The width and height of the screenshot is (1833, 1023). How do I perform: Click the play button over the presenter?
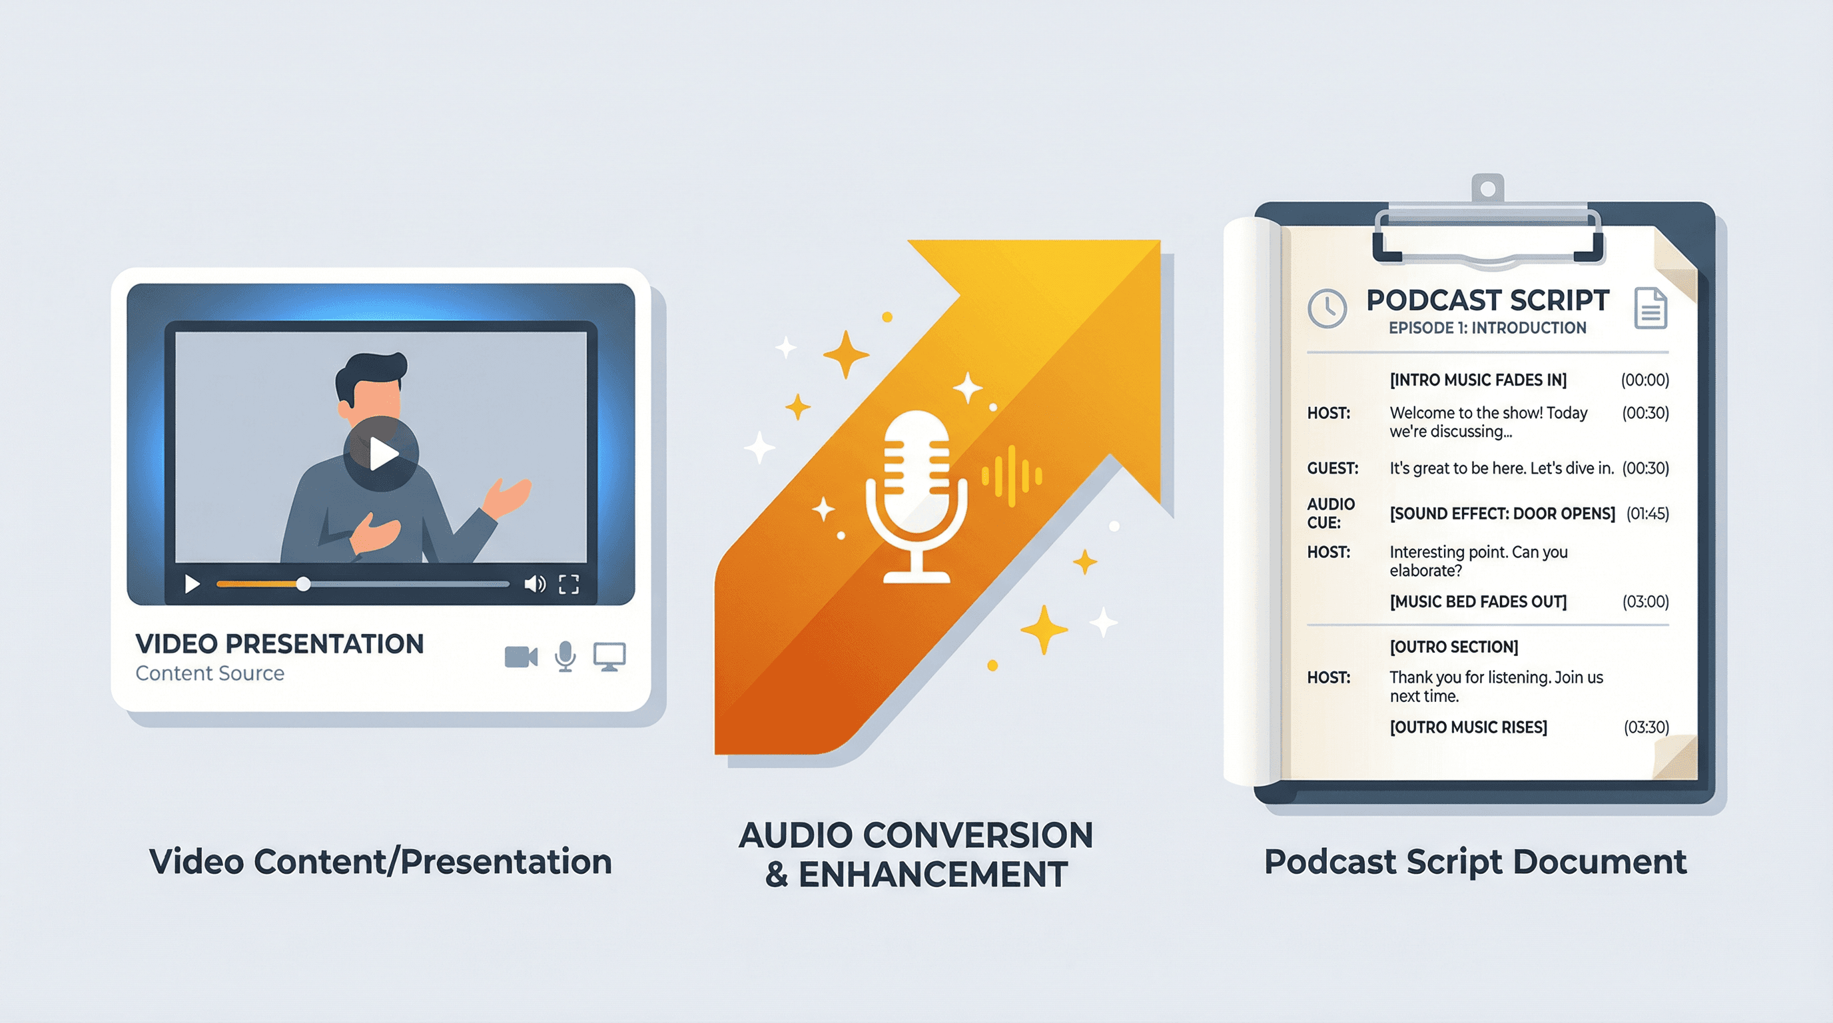coord(382,453)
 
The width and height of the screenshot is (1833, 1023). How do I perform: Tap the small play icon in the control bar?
coord(191,584)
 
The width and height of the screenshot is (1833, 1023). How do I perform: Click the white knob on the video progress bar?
coord(303,584)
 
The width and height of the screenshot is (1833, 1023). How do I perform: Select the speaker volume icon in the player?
coord(534,584)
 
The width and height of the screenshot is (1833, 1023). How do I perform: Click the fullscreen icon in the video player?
coord(569,584)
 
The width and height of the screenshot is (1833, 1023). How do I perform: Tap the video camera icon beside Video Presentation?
coord(521,657)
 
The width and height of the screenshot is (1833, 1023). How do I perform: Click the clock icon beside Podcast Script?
coord(1327,308)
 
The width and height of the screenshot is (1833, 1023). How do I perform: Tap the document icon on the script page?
coord(1650,308)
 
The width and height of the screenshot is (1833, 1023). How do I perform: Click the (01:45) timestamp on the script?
coord(1647,513)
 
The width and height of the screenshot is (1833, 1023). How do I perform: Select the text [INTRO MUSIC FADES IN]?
coord(1478,380)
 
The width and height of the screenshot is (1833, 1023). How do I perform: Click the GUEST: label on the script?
coord(1332,468)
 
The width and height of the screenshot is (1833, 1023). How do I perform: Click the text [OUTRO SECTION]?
coord(1454,647)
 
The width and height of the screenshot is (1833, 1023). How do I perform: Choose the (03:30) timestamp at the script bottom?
coord(1646,727)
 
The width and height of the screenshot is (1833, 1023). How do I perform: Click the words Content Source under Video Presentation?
coord(210,673)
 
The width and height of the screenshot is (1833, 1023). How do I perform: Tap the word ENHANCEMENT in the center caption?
coord(933,874)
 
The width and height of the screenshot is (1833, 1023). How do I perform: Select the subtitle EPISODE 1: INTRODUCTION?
coord(1487,328)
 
